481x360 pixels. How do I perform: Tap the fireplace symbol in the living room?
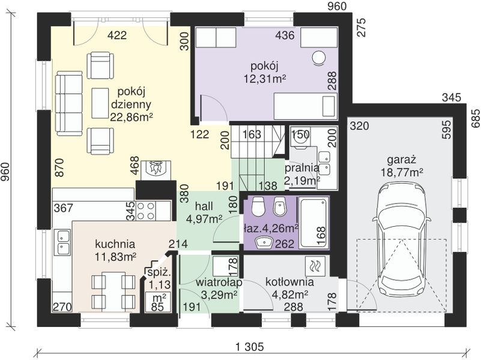[156, 170]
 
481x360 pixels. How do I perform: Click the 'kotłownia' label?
[289, 282]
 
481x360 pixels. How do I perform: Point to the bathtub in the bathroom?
[313, 223]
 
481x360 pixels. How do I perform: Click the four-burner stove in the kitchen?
[146, 211]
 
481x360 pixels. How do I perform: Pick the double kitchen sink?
[63, 242]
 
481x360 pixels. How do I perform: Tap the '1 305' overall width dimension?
[249, 347]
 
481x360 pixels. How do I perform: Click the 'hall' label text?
[204, 206]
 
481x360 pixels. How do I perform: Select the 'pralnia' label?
[302, 168]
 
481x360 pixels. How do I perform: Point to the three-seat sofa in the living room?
[68, 104]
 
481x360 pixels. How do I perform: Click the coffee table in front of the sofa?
[100, 103]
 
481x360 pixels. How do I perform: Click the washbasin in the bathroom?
[264, 242]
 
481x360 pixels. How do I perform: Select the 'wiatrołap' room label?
[219, 282]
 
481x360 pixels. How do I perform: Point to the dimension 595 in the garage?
[447, 129]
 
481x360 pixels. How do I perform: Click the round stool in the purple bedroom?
[319, 58]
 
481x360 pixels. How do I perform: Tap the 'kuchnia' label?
[115, 244]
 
